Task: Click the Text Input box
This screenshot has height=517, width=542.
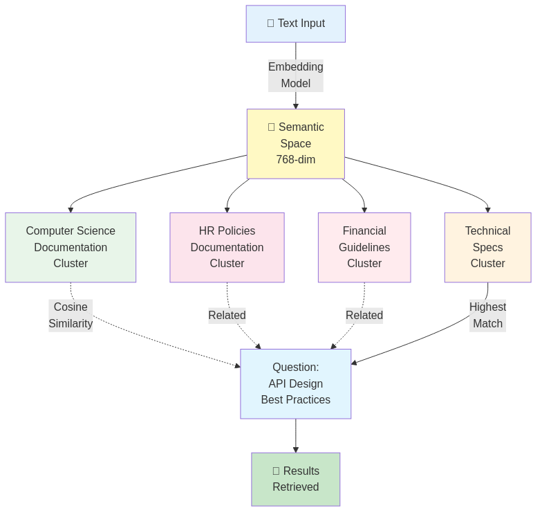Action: pos(296,24)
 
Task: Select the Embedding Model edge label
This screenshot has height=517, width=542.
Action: pos(296,75)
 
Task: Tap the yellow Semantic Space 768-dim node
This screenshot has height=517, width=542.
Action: pos(296,143)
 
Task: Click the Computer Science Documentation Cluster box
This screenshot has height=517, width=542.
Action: pos(71,247)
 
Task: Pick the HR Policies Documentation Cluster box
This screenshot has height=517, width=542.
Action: pos(227,247)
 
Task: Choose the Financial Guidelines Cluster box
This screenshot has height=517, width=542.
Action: pos(364,247)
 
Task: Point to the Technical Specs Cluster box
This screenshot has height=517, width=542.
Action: pos(487,247)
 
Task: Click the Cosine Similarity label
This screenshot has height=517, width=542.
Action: pos(71,315)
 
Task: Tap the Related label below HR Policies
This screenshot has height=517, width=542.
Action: pos(227,315)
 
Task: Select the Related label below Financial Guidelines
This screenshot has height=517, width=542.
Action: pos(364,315)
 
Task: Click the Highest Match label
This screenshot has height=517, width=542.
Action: pos(487,315)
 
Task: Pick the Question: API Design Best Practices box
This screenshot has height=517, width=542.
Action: pos(296,383)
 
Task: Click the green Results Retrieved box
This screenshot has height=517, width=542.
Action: pos(296,479)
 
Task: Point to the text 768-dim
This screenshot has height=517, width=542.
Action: pos(296,160)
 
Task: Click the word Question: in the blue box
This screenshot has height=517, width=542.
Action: pos(296,368)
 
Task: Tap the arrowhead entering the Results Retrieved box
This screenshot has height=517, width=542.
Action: pos(296,449)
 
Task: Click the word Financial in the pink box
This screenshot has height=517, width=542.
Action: pos(364,231)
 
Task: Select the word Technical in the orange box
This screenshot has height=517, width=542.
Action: pos(487,231)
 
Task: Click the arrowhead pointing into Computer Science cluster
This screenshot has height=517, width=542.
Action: pos(71,209)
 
